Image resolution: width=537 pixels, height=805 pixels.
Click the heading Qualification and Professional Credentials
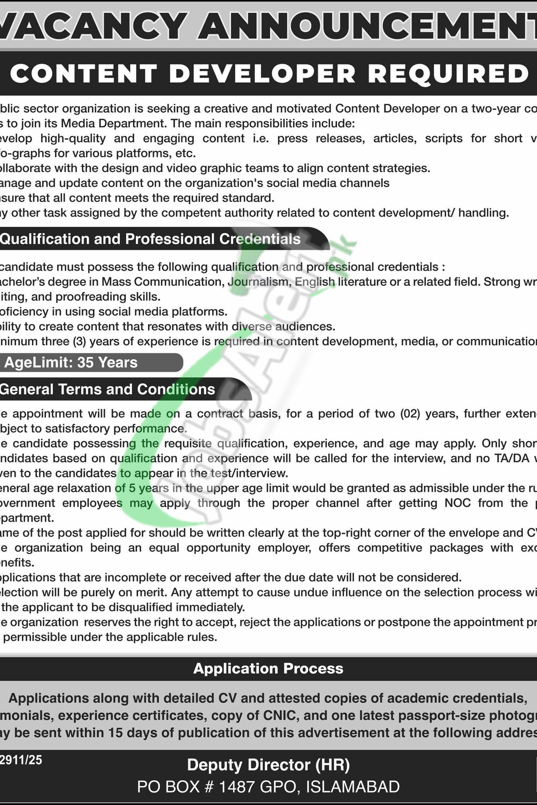[x=150, y=239]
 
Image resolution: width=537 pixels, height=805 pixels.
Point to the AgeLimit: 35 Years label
[x=71, y=362]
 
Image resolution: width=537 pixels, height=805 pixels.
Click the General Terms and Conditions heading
[x=107, y=389]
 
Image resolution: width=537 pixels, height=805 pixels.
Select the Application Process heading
[x=268, y=669]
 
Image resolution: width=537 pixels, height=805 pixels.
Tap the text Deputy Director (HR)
[x=268, y=765]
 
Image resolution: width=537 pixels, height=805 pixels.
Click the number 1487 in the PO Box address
[x=237, y=787]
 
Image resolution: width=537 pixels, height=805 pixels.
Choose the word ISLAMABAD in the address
[x=353, y=787]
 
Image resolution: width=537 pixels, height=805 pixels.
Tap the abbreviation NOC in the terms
[x=458, y=503]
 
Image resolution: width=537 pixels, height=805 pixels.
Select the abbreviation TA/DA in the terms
[x=513, y=458]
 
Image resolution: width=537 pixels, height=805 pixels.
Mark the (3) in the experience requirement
[x=79, y=341]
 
